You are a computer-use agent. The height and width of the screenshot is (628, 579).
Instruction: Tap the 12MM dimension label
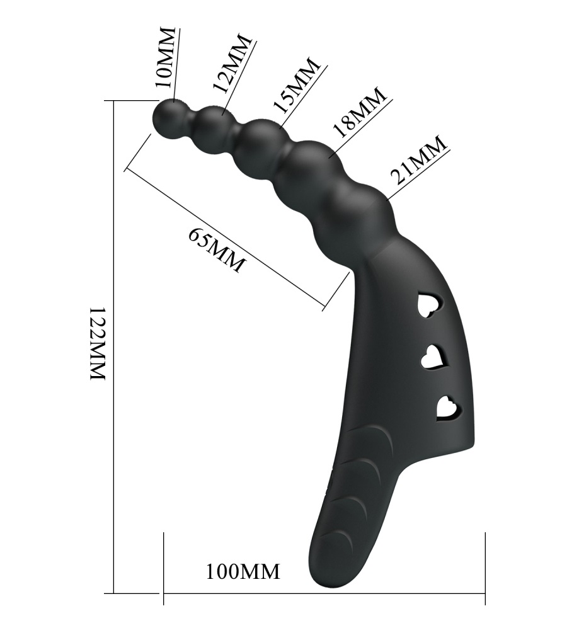point(232,63)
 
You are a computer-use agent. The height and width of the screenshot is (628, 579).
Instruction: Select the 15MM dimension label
point(297,85)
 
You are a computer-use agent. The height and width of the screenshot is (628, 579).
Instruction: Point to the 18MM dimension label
point(360,113)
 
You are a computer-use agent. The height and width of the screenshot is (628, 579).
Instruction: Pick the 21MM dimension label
point(419,159)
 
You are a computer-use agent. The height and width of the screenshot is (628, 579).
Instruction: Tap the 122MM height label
point(96,344)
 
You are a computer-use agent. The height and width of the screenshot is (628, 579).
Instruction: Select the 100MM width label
point(243,571)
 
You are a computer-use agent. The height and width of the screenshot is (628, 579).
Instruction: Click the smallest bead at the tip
point(170,118)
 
